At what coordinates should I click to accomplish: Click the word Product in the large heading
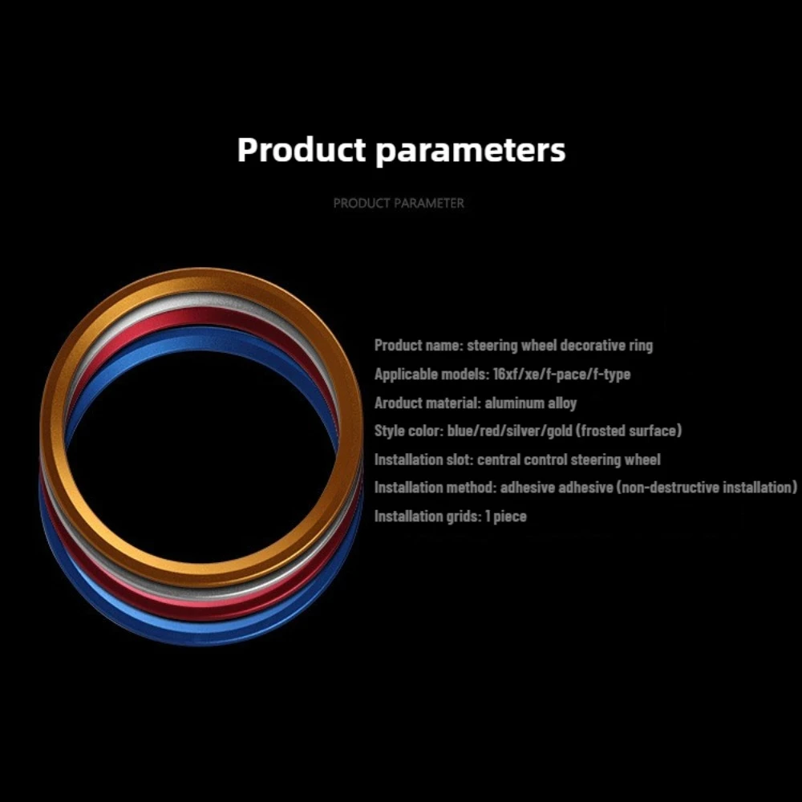tap(302, 149)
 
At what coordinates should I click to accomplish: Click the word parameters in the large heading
tap(471, 151)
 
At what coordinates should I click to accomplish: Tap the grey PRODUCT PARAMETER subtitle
tap(399, 203)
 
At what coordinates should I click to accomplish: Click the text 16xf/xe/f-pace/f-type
tap(561, 375)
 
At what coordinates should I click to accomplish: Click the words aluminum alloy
tap(530, 403)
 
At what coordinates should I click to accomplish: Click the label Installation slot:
tap(423, 460)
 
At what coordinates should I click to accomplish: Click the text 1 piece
tap(506, 516)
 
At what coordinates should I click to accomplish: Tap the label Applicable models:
tap(431, 375)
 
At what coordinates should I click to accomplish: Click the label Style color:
tap(409, 431)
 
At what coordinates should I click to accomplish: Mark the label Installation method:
tap(435, 488)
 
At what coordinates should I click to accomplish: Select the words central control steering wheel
tap(569, 460)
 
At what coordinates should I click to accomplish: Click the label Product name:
tap(419, 346)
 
